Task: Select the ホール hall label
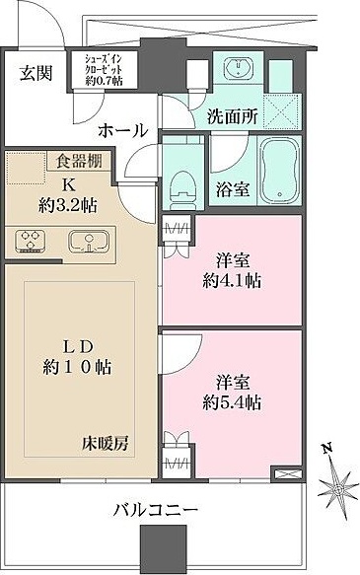[122, 130]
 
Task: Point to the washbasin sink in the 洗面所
[239, 70]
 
